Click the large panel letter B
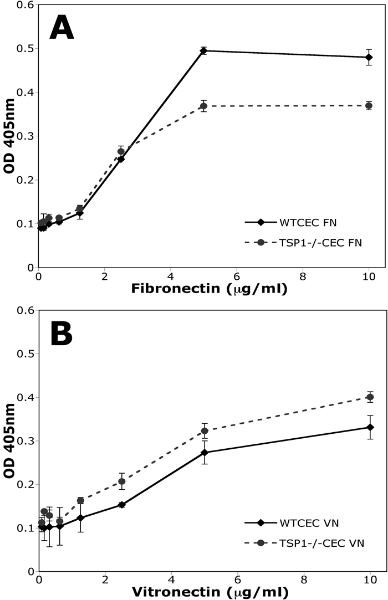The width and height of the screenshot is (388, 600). tap(67, 335)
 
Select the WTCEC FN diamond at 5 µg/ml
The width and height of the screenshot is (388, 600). tap(204, 51)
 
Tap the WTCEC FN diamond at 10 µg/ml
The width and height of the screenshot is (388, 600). tap(369, 57)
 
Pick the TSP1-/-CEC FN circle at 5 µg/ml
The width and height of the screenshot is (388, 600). tap(204, 106)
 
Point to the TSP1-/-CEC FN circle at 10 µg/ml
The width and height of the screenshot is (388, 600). tap(369, 106)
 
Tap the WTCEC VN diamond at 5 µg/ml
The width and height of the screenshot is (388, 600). tap(205, 453)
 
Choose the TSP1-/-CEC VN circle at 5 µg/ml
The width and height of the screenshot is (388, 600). tap(205, 430)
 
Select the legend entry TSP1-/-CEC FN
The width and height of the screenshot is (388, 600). tap(321, 242)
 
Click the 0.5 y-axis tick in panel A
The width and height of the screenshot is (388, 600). tap(23, 48)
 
